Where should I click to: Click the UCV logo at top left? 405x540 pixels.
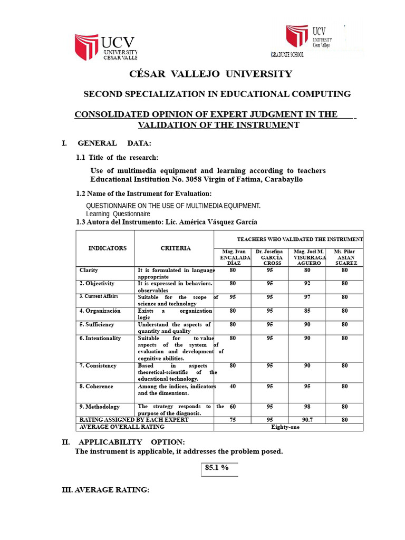pyautogui.click(x=105, y=47)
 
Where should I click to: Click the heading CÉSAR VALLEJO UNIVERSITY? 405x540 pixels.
pyautogui.click(x=210, y=74)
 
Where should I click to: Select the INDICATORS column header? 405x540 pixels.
pyautogui.click(x=107, y=248)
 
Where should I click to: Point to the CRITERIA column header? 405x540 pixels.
pyautogui.click(x=176, y=248)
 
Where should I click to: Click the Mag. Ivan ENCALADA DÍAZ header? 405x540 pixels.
pyautogui.click(x=233, y=257)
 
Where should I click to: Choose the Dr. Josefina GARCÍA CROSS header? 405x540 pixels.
pyautogui.click(x=269, y=257)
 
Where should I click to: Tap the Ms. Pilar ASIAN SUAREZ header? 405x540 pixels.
pyautogui.click(x=345, y=257)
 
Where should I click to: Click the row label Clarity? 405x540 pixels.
pyautogui.click(x=89, y=270)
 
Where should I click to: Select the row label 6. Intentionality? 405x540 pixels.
pyautogui.click(x=100, y=338)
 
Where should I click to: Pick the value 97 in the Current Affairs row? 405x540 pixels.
pyautogui.click(x=307, y=297)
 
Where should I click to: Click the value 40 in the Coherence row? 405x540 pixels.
pyautogui.click(x=233, y=386)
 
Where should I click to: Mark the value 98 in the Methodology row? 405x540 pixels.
pyautogui.click(x=307, y=407)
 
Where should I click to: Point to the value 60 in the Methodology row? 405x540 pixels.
pyautogui.click(x=233, y=407)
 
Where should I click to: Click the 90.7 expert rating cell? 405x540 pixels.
pyautogui.click(x=307, y=420)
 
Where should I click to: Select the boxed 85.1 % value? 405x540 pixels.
pyautogui.click(x=217, y=468)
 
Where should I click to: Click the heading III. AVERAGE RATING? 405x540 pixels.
pyautogui.click(x=105, y=490)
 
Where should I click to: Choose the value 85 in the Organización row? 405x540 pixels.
pyautogui.click(x=307, y=311)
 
